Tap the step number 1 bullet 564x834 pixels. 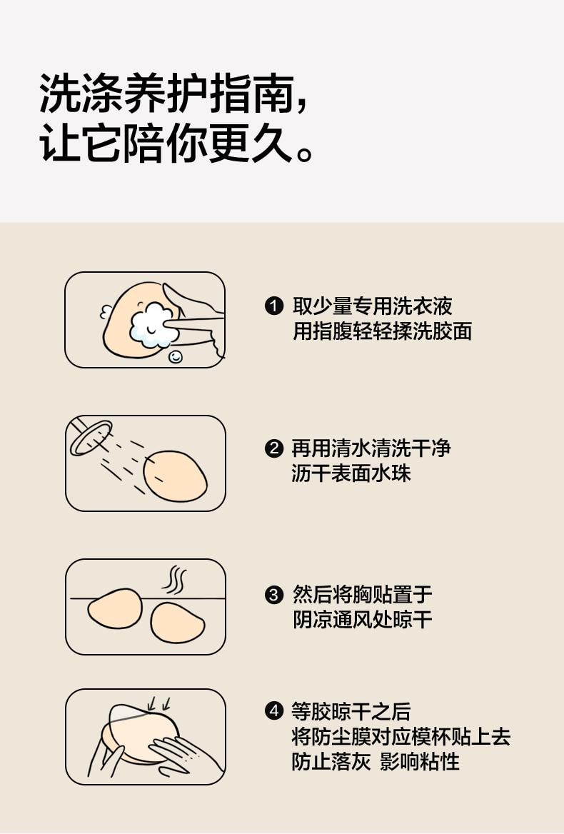coord(274,307)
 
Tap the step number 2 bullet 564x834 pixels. coord(274,449)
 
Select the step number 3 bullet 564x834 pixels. coord(274,595)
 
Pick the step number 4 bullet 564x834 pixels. coord(274,711)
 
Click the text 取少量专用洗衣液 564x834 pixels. coord(372,306)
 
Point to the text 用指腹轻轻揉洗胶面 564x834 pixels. coord(382,331)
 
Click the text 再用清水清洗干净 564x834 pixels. coord(371,448)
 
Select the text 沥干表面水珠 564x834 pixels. coord(351,473)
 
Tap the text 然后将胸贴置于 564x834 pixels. coord(362,594)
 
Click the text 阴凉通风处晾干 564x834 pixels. coord(362,619)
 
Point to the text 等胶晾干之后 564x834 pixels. coord(351,711)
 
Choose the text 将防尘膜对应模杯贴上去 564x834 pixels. coord(401,736)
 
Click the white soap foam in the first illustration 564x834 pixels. coord(153,326)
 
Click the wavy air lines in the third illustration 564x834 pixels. coord(173,580)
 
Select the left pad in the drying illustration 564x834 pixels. coord(115,608)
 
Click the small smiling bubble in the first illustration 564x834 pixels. coord(175,356)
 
